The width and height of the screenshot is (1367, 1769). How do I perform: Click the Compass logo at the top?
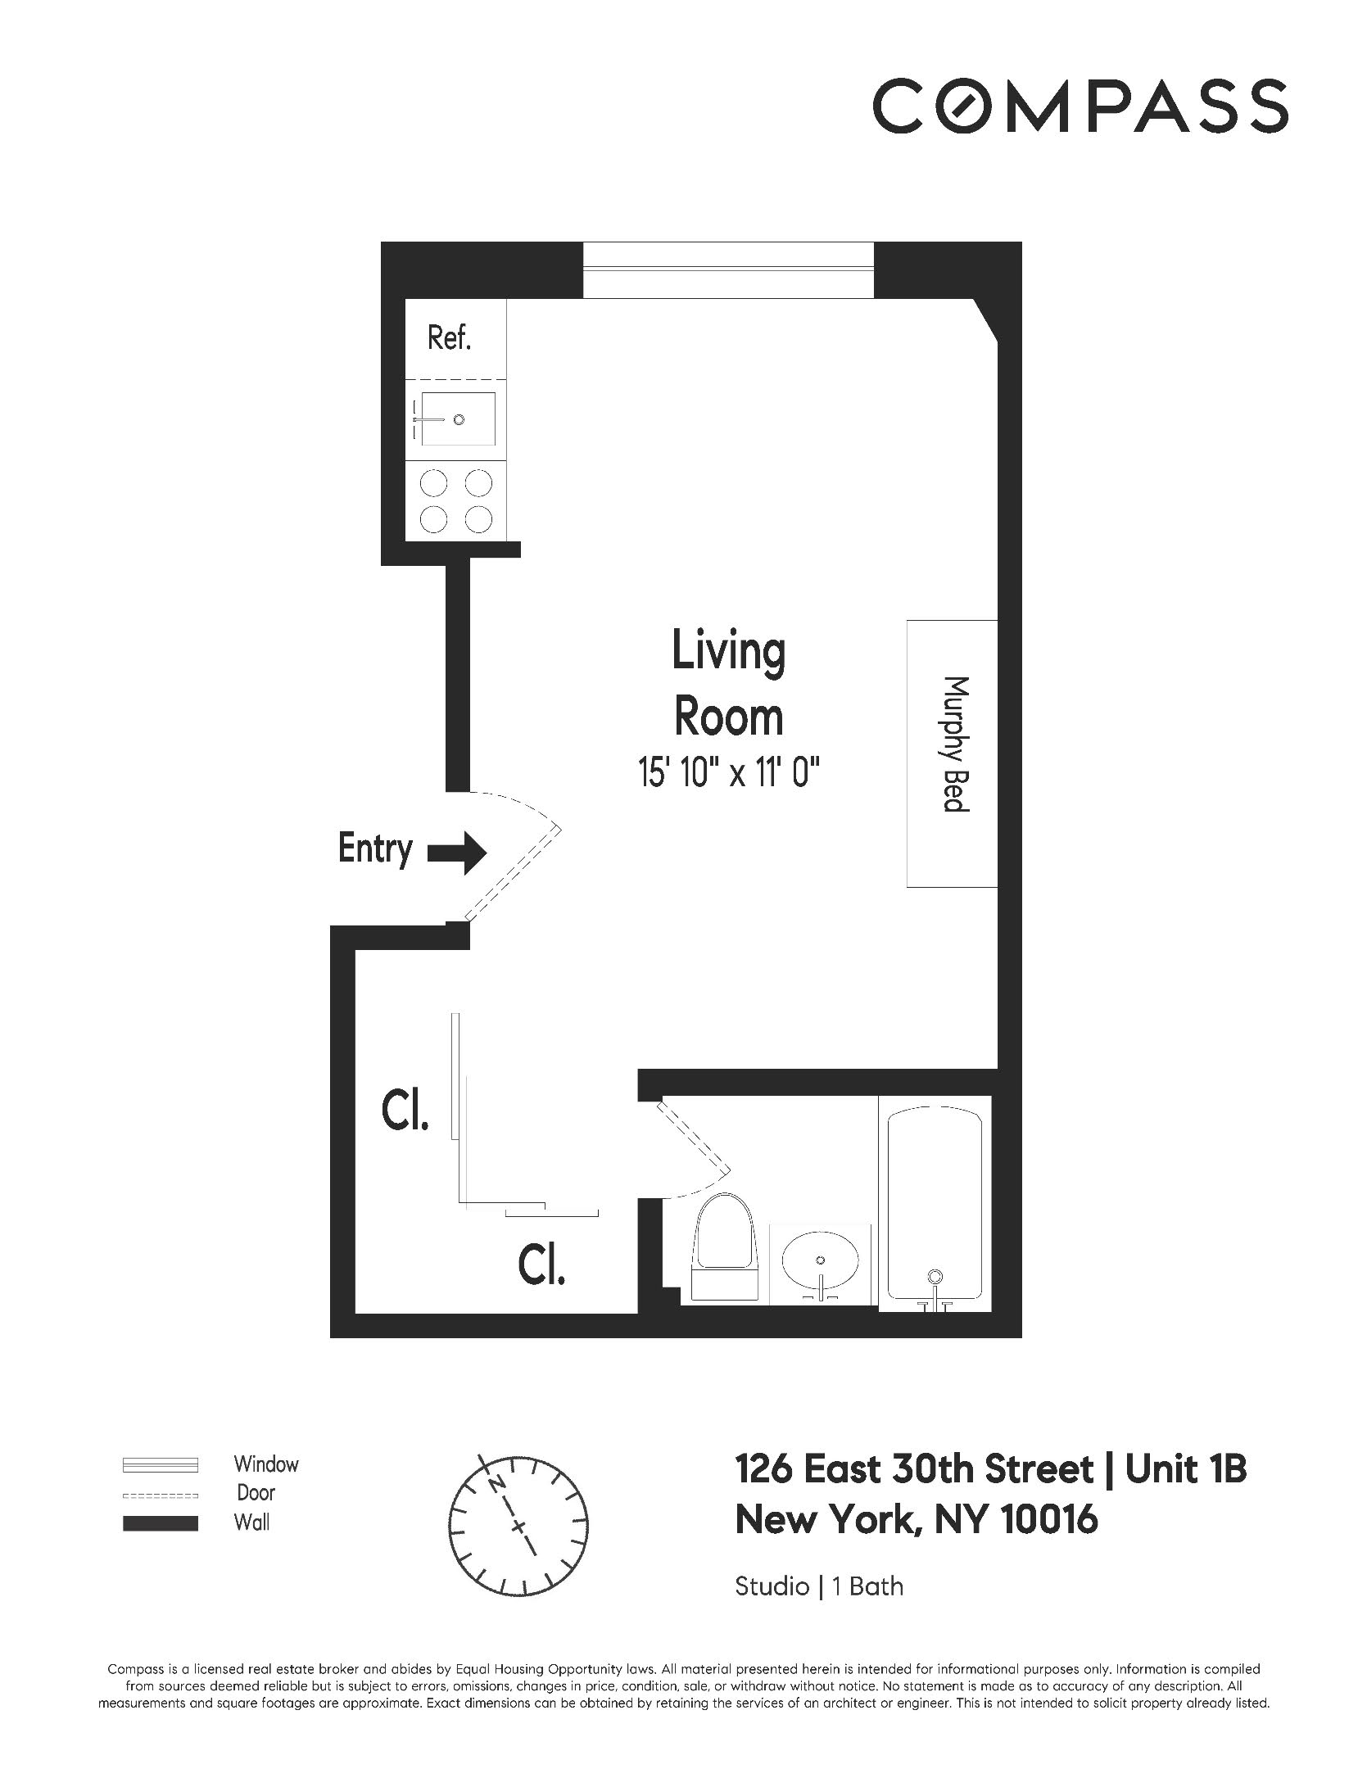pos(1080,105)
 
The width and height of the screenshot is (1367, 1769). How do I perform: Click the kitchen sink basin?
pos(458,419)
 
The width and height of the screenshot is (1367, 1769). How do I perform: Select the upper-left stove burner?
pos(433,483)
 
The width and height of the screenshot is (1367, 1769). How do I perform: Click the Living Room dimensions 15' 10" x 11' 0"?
pos(729,772)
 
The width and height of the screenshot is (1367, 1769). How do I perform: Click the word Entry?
pos(374,848)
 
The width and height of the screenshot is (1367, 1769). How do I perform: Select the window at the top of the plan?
pos(728,269)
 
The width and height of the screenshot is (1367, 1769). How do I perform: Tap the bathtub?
pos(935,1205)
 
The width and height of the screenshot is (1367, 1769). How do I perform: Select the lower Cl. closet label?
pos(541,1265)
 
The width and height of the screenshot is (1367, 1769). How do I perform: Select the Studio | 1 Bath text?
pos(818,1586)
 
